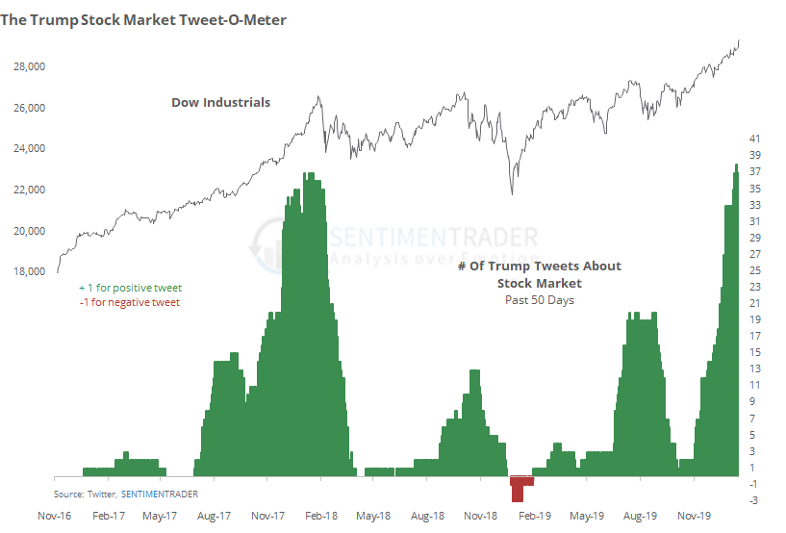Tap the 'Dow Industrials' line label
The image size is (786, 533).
(x=221, y=102)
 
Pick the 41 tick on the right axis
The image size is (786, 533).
(x=755, y=139)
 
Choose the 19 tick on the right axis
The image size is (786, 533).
(x=755, y=319)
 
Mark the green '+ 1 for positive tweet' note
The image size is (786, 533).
(x=130, y=288)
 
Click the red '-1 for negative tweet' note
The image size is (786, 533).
(x=130, y=302)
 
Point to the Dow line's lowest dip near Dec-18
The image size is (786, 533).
(x=512, y=193)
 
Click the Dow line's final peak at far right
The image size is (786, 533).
(x=739, y=40)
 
